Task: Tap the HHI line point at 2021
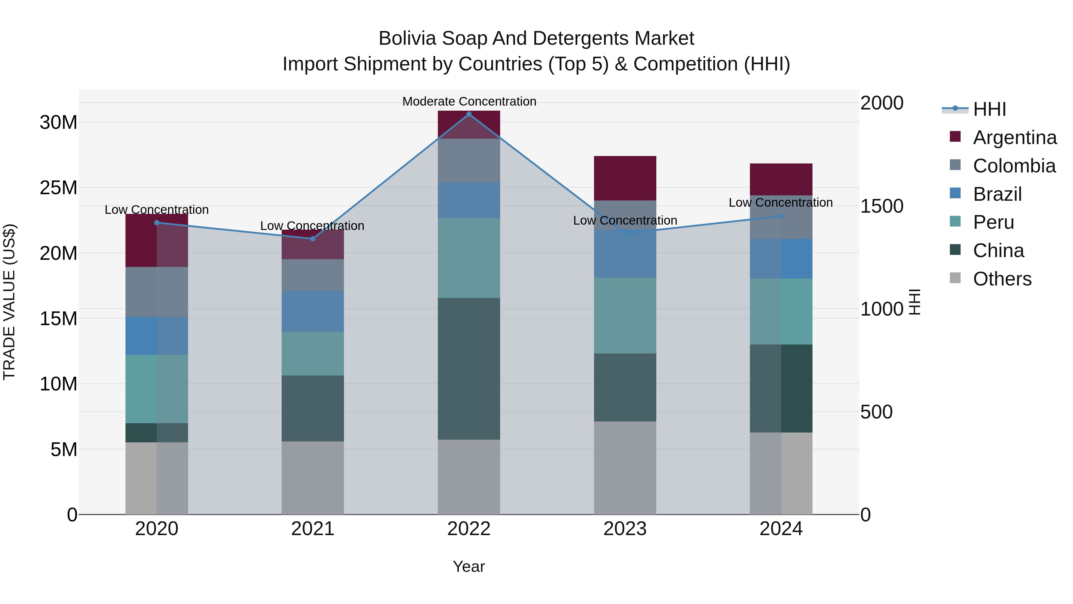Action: tap(313, 239)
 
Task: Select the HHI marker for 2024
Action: tap(781, 216)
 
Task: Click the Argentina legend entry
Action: tap(1014, 138)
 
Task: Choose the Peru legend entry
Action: tap(993, 222)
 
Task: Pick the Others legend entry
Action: tap(1002, 279)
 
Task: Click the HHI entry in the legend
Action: tap(989, 109)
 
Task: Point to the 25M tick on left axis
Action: tap(58, 188)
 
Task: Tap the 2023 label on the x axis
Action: tap(625, 529)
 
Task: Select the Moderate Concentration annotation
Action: tap(469, 101)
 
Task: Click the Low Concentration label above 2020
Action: tap(156, 210)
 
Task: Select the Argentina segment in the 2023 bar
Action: tap(625, 178)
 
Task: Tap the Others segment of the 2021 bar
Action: tap(313, 478)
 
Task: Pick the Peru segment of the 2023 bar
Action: tap(625, 316)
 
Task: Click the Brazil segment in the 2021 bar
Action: tap(313, 311)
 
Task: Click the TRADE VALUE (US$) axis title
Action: tap(10, 302)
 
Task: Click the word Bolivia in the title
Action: tap(407, 38)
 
